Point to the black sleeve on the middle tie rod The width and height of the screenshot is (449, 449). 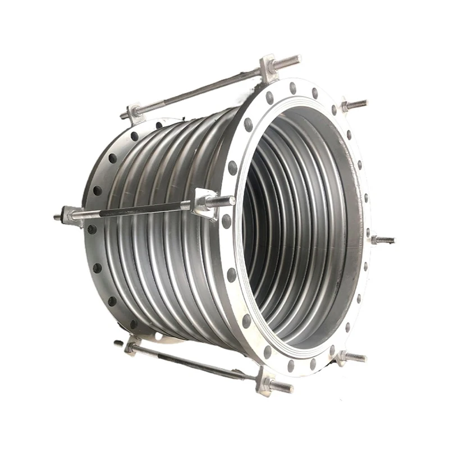[130, 212]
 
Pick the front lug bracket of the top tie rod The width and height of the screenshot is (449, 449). [268, 66]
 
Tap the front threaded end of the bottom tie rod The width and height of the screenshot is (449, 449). [282, 387]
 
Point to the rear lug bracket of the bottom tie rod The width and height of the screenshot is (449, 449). [132, 345]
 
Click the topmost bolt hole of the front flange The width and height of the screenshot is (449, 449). [292, 88]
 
